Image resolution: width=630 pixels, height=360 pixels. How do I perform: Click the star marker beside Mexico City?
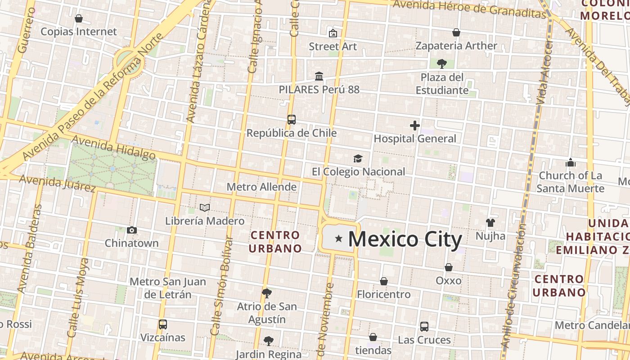click(x=338, y=238)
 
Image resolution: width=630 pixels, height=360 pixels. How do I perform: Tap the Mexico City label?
click(x=405, y=239)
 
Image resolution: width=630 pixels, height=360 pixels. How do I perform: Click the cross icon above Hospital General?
click(x=415, y=126)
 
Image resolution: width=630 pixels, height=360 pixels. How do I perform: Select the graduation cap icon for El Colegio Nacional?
click(x=358, y=158)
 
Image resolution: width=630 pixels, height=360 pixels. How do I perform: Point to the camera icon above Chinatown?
click(x=131, y=230)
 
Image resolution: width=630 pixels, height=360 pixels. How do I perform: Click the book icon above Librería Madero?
click(x=205, y=207)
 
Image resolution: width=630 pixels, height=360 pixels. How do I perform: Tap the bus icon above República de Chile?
click(x=292, y=120)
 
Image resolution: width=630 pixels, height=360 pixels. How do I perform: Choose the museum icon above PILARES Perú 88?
click(x=319, y=76)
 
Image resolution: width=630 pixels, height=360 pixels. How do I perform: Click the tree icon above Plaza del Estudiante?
click(x=442, y=63)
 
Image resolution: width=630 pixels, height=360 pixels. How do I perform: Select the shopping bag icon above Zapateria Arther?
click(x=456, y=32)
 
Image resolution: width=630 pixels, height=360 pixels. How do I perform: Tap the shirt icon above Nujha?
click(x=490, y=222)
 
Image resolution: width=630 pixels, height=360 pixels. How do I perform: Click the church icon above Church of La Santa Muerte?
click(x=571, y=162)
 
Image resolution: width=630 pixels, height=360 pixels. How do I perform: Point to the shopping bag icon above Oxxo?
click(x=449, y=267)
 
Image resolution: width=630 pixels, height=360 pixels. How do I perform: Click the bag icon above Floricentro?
click(x=384, y=281)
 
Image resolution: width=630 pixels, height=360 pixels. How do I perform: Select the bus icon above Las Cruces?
click(x=424, y=327)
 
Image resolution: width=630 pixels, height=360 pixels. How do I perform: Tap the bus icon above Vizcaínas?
click(x=163, y=324)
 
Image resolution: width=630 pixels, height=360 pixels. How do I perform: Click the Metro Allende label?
click(x=261, y=187)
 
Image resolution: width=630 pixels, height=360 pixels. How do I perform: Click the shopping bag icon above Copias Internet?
click(x=79, y=18)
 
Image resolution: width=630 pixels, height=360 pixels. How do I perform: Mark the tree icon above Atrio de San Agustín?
click(x=267, y=293)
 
